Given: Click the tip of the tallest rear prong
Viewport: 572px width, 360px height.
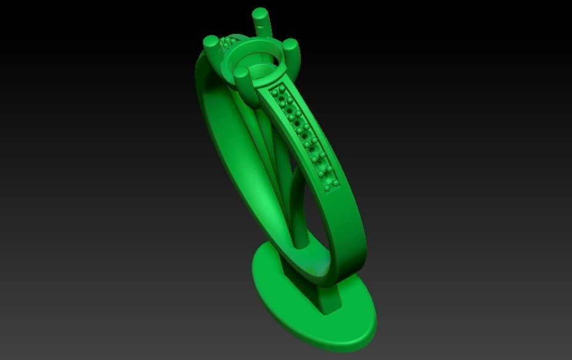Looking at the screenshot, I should [x=261, y=14].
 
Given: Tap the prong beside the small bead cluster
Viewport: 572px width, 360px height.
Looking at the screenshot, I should [x=211, y=44].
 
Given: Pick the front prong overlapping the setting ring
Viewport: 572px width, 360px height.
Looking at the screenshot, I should [x=242, y=78].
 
